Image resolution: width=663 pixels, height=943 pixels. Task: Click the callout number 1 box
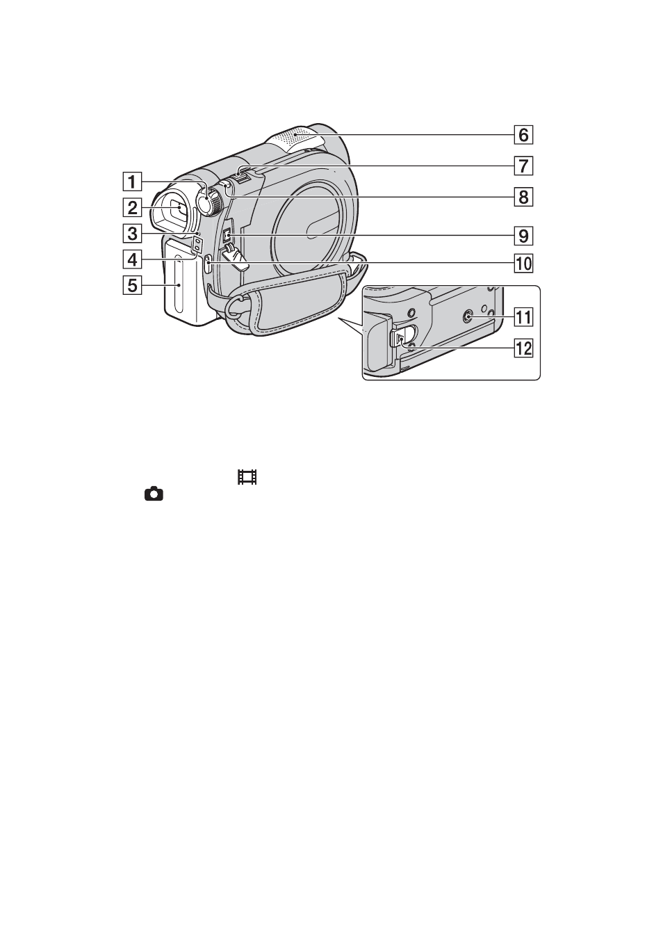[132, 182]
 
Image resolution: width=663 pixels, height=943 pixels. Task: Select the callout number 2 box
[132, 208]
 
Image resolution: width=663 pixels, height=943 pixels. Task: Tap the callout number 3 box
[132, 233]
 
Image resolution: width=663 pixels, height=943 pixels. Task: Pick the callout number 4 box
[132, 259]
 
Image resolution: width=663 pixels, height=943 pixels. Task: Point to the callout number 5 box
[132, 285]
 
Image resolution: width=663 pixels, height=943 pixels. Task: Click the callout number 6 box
[523, 135]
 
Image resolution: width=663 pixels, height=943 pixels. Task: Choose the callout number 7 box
[523, 166]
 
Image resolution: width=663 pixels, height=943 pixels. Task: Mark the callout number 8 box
[523, 197]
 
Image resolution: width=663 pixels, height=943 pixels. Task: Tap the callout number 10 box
[523, 264]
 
